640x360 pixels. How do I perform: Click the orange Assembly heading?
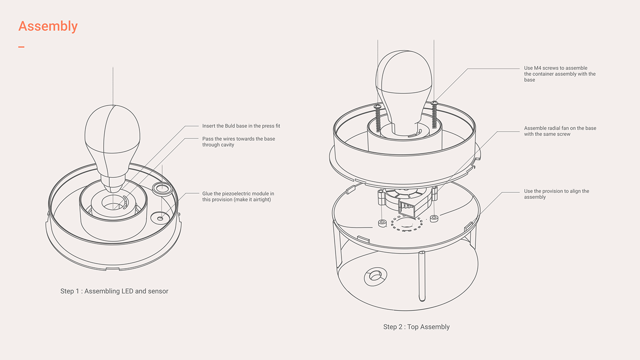pos(48,26)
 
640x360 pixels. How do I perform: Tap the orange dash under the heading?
pos(21,47)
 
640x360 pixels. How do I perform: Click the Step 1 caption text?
pos(114,291)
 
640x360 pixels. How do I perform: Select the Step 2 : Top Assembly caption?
pos(416,327)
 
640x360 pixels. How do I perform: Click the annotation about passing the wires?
pos(239,142)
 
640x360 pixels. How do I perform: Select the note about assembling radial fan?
pos(560,131)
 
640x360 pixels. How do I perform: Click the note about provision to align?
pos(556,194)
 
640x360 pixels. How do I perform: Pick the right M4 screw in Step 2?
pos(435,116)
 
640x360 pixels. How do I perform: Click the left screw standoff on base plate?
pos(382,223)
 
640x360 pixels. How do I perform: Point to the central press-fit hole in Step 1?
pos(112,203)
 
